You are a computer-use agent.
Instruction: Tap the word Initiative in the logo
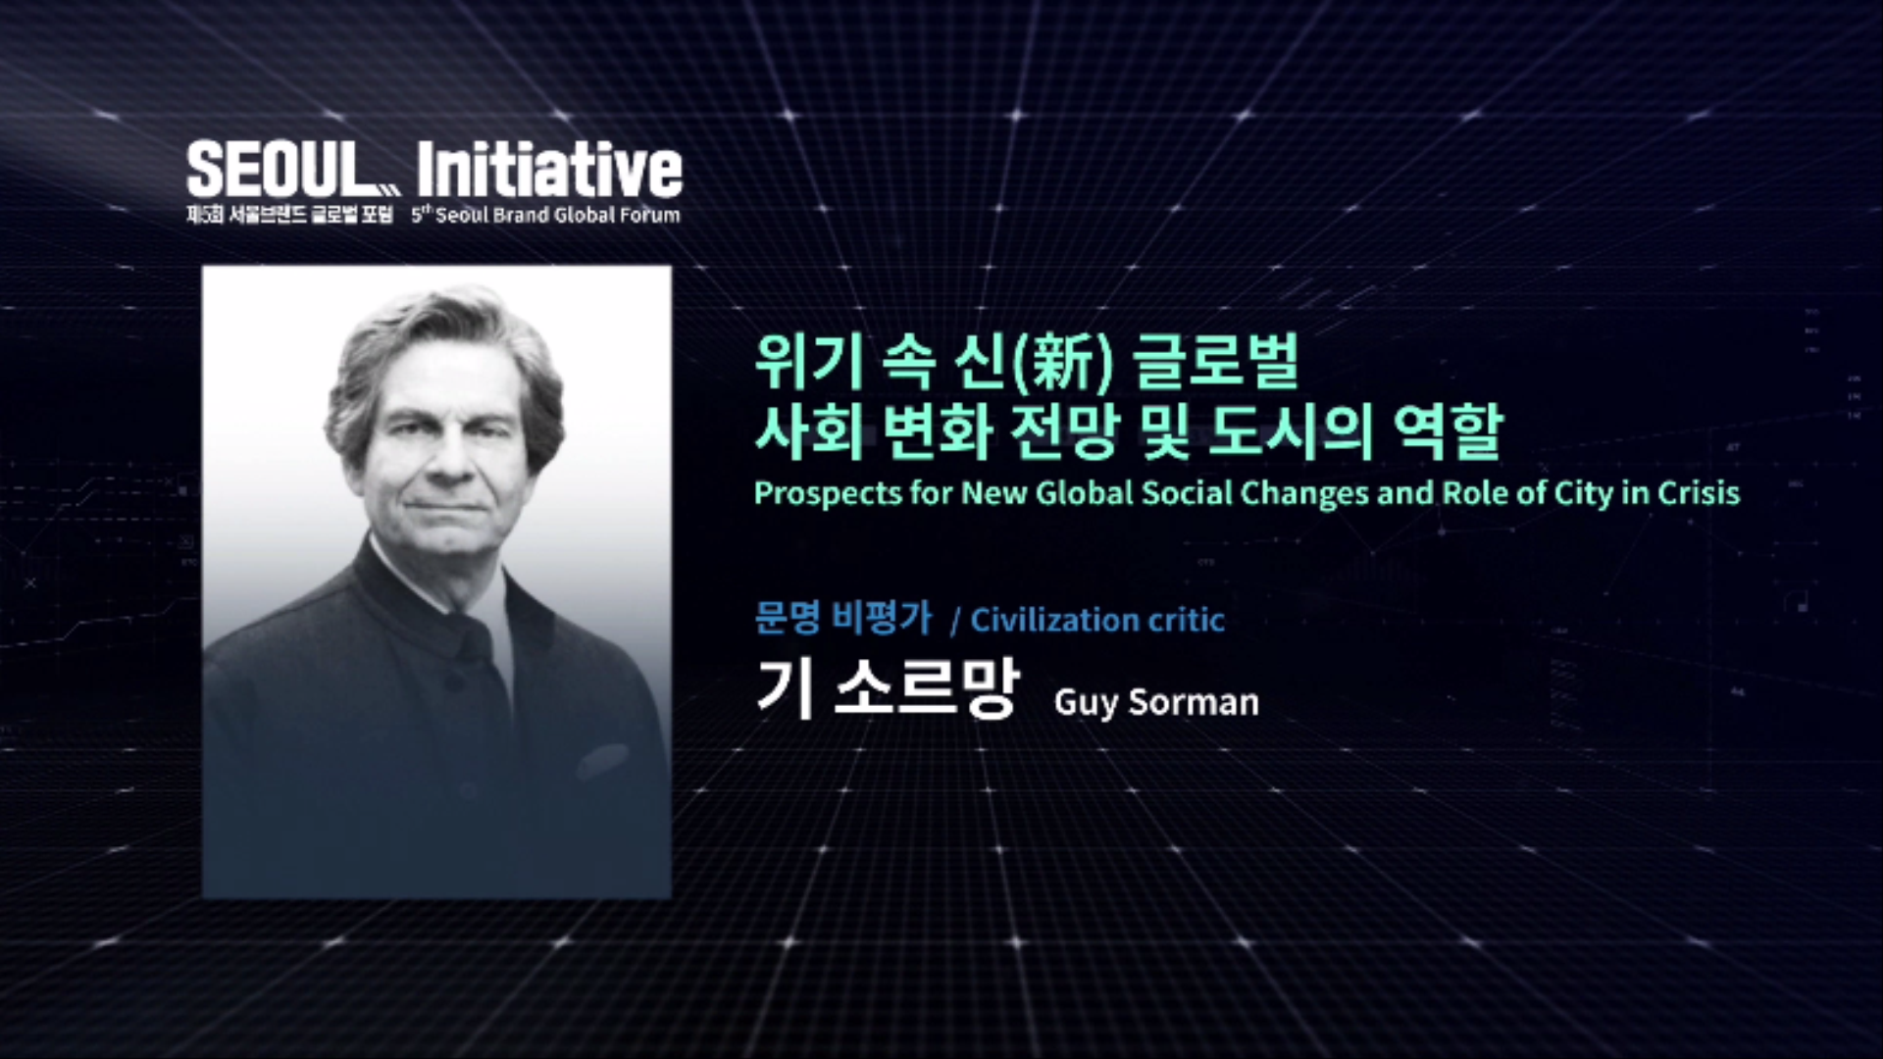tap(549, 170)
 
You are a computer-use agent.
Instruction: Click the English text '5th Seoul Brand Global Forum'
tap(545, 215)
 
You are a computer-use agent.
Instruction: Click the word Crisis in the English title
tap(1699, 492)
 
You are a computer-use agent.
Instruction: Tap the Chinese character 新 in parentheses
tap(1064, 361)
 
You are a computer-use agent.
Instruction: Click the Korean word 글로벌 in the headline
tap(1216, 361)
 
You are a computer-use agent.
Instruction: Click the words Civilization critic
tap(1097, 620)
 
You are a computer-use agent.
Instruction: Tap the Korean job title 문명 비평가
tap(842, 618)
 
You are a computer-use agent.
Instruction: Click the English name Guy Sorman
tap(1156, 702)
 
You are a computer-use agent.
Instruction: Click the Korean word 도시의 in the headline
tap(1290, 431)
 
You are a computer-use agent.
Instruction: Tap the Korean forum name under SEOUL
tap(289, 215)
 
